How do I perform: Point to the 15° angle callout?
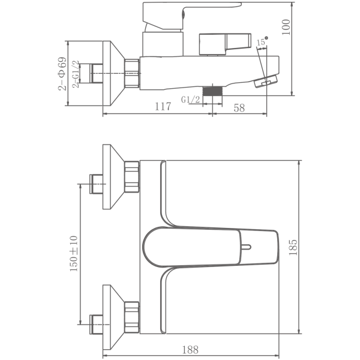(x=262, y=41)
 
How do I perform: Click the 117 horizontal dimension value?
(x=160, y=107)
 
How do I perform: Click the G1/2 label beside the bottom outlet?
(x=190, y=100)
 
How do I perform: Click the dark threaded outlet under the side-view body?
(x=212, y=92)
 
